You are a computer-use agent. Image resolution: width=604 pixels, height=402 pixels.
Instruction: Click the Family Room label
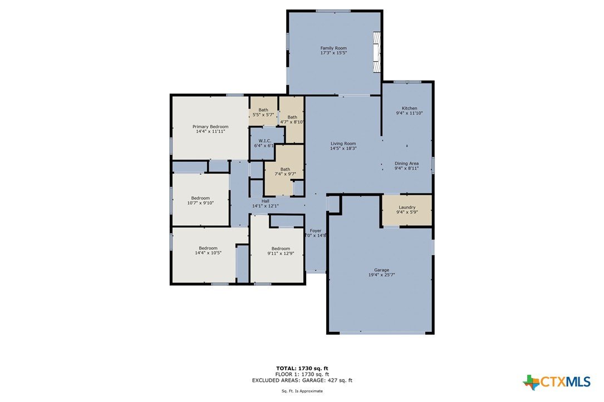point(333,48)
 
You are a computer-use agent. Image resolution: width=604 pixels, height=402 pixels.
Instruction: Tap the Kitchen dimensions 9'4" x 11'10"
point(410,113)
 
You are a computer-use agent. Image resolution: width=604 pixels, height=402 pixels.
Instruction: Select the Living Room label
point(343,143)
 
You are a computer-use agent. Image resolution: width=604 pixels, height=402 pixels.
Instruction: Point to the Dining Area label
point(406,163)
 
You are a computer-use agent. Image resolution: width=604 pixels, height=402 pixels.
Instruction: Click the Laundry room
point(407,210)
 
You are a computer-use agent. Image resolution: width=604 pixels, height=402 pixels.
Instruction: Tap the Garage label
point(382,270)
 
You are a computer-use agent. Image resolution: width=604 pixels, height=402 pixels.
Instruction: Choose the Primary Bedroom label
point(210,127)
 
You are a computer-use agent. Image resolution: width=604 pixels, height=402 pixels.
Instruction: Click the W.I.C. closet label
point(265,141)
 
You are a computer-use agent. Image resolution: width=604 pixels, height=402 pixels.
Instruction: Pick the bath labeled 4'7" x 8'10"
point(292,120)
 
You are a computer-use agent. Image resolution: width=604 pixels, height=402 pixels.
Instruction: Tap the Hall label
point(266,201)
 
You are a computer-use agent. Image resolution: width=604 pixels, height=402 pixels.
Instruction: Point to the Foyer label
point(316,231)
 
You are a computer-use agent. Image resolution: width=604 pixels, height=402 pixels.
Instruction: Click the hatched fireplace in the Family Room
point(376,52)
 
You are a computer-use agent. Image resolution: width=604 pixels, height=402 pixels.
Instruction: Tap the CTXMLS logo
point(557,382)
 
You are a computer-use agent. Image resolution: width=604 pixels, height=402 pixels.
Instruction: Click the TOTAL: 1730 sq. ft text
point(302,368)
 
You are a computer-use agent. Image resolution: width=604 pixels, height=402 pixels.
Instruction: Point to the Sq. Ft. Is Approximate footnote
point(302,391)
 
